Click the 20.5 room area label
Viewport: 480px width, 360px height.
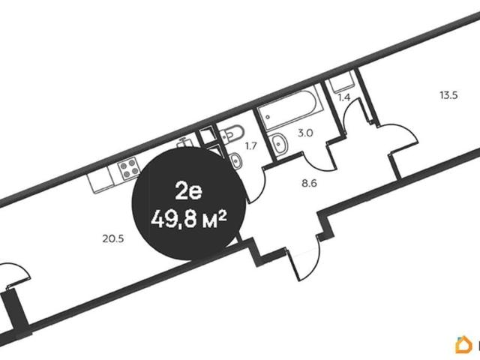pyautogui.click(x=113, y=238)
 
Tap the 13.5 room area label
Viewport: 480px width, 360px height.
pyautogui.click(x=448, y=95)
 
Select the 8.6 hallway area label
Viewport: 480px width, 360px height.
pyautogui.click(x=309, y=184)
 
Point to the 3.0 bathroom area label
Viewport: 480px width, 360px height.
pyautogui.click(x=305, y=133)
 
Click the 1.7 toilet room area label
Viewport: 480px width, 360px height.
pyautogui.click(x=250, y=146)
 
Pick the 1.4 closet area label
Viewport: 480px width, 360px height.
pyautogui.click(x=343, y=97)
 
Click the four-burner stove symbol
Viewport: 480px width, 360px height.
pyautogui.click(x=129, y=168)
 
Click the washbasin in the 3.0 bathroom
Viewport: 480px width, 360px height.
pyautogui.click(x=278, y=142)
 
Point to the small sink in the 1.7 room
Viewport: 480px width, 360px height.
pyautogui.click(x=235, y=160)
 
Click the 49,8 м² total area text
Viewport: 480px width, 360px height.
pyautogui.click(x=188, y=219)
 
